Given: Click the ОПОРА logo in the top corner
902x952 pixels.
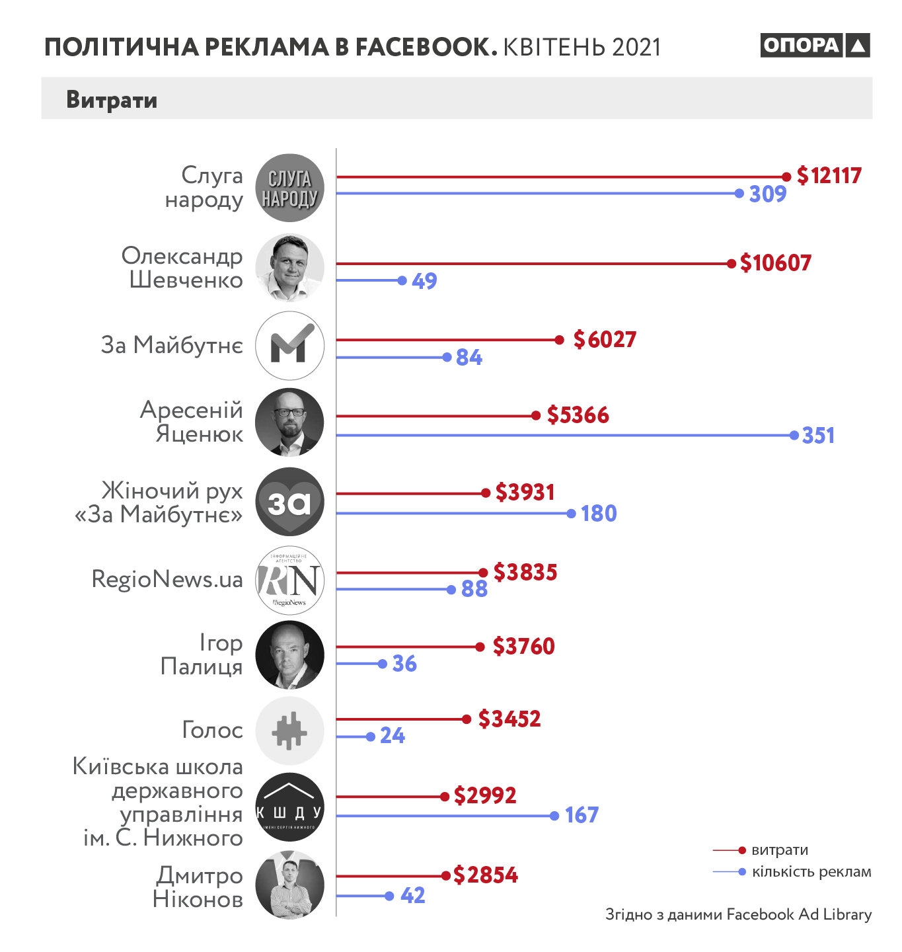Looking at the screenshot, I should coord(814,45).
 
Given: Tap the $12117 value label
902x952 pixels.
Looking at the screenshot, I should coord(829,176).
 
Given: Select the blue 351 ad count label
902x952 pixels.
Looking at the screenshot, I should coord(818,436).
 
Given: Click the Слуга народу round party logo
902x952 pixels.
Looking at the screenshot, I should coord(289,188).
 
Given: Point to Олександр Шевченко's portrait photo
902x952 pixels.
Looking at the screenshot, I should coord(289,268).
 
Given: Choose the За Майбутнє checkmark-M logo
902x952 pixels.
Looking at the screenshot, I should coord(289,345).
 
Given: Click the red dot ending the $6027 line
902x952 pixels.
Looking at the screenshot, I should coord(559,340).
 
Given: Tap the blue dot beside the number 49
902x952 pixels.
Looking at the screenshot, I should coord(402,280).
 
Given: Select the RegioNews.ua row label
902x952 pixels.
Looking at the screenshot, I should coord(167,579).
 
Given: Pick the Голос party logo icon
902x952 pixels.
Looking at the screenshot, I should coord(289,731).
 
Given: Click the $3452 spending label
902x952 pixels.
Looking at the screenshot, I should coord(509,719).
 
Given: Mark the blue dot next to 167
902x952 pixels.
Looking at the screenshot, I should coord(554,816).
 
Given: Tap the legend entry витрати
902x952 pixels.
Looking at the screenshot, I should coord(780,850).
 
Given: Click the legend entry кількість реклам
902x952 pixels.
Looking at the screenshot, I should coord(811,872).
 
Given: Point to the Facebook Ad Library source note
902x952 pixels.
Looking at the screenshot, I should coord(738,914).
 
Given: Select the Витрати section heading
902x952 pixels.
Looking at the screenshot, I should coord(112,100).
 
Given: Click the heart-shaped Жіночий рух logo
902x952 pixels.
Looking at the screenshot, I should coord(289,502).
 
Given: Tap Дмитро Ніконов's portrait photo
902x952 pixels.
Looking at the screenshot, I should coord(289,885).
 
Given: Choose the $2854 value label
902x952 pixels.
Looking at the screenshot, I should coord(486,875).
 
